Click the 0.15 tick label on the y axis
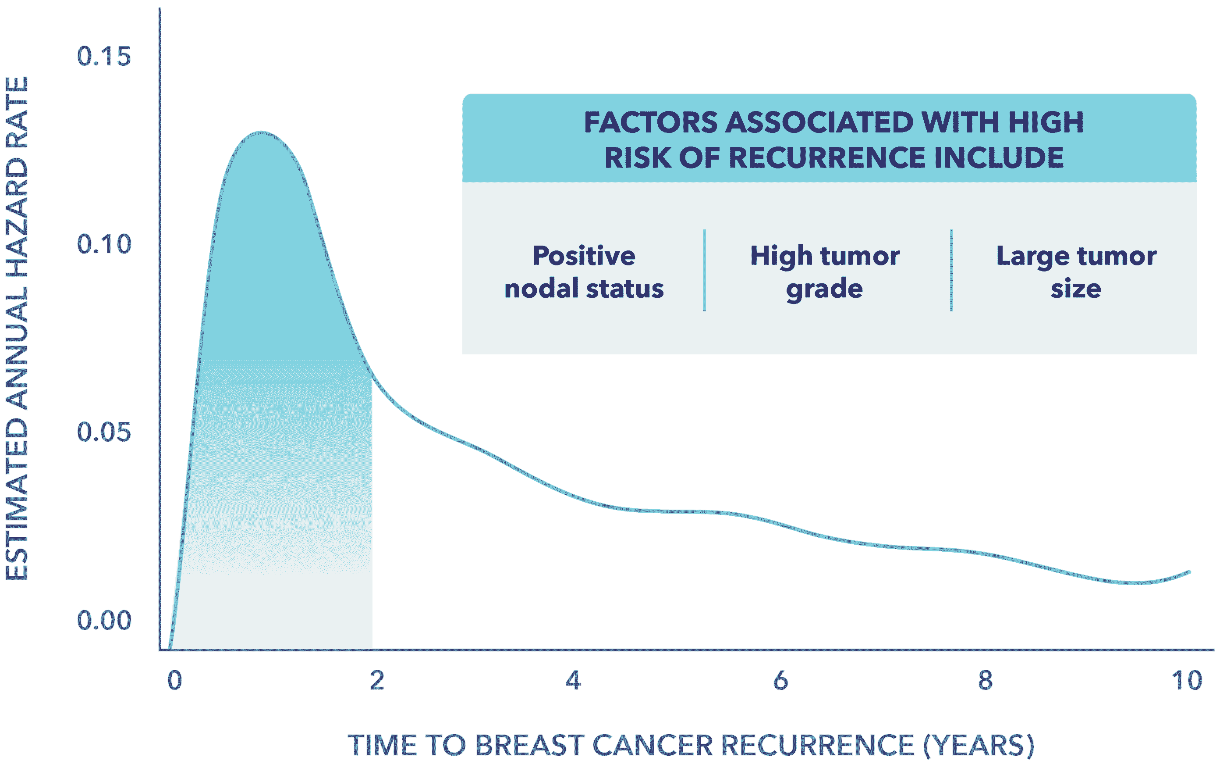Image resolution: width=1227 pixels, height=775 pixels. coord(104,56)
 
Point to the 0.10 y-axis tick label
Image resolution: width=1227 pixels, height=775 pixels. coord(104,244)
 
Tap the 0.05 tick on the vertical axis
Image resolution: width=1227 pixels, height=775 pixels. coord(104,432)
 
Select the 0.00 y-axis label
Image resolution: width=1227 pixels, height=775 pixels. coord(104,621)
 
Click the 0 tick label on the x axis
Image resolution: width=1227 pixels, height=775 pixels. coord(174,681)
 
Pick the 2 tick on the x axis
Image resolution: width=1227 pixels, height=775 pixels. coord(376,681)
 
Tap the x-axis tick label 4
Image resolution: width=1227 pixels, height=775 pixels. coord(573,681)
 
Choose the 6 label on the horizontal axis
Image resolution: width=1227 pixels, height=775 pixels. coord(780,681)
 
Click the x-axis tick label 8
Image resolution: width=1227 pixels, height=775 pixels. coord(985,681)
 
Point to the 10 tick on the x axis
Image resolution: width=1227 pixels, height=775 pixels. coord(1187,681)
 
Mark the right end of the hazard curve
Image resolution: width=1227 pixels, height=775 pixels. coord(1190,571)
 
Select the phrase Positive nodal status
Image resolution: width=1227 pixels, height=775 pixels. coord(584,272)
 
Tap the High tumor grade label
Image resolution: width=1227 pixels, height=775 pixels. coord(824,272)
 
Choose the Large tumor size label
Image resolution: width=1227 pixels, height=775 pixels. coord(1076,272)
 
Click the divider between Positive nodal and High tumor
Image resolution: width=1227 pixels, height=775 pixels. coord(704,270)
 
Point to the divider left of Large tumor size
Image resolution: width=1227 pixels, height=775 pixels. coord(951,270)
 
